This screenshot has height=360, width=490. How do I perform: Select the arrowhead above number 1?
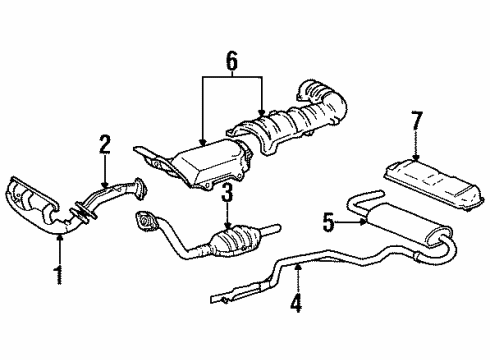click(x=58, y=236)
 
